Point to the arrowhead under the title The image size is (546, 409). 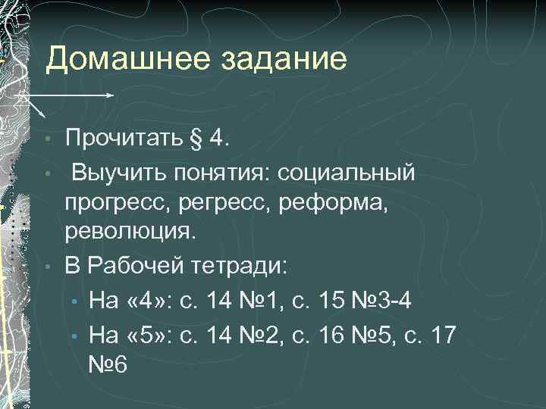(x=111, y=95)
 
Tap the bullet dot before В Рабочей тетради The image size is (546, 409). (x=47, y=267)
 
